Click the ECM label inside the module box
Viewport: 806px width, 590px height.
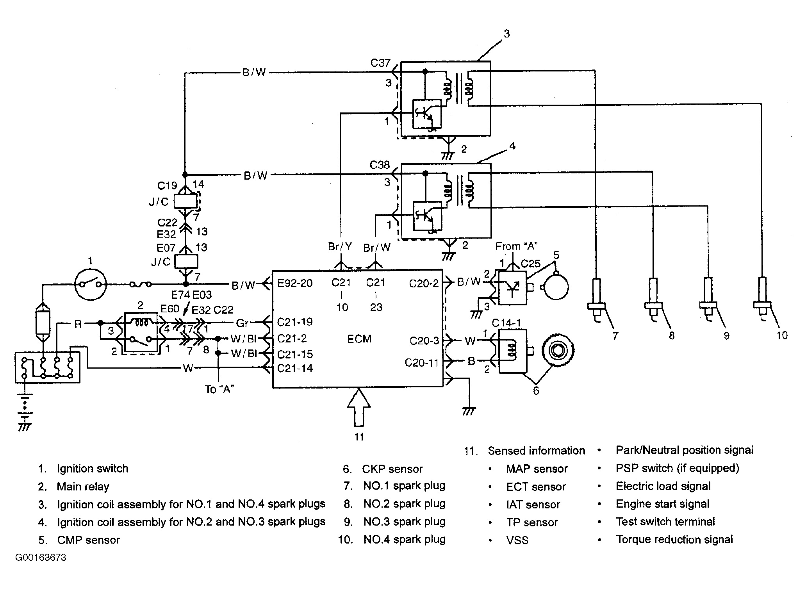pyautogui.click(x=359, y=339)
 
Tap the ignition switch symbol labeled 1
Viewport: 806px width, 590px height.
pyautogui.click(x=91, y=284)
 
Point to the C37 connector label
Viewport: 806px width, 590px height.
pyautogui.click(x=380, y=63)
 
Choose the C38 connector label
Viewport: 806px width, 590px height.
pyautogui.click(x=380, y=165)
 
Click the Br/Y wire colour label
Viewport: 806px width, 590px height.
pyautogui.click(x=340, y=246)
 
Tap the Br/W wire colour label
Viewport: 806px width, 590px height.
pyautogui.click(x=376, y=248)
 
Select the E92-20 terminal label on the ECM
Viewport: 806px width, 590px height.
pyautogui.click(x=295, y=283)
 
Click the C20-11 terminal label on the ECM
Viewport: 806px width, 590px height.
pyautogui.click(x=421, y=363)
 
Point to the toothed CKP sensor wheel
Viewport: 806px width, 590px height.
pyautogui.click(x=557, y=350)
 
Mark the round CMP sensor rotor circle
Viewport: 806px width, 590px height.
pyautogui.click(x=556, y=287)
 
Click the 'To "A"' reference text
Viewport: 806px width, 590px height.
pyautogui.click(x=219, y=389)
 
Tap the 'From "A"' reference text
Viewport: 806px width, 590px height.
pyautogui.click(x=517, y=246)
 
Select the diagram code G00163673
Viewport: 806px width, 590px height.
pyautogui.click(x=41, y=557)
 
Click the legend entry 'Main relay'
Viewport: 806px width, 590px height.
pyautogui.click(x=83, y=487)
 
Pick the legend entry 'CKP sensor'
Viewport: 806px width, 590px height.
pyautogui.click(x=392, y=469)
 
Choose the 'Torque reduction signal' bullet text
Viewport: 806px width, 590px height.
pyautogui.click(x=674, y=540)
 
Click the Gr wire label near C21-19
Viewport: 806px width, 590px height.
pyautogui.click(x=243, y=323)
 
